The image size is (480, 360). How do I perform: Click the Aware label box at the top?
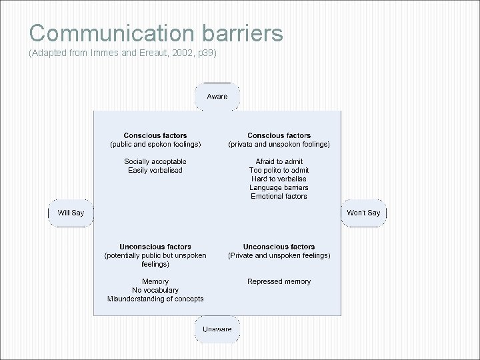217,97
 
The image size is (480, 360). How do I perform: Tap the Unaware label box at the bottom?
217,329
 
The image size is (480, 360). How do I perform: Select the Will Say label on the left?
71,213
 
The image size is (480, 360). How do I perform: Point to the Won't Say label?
363,213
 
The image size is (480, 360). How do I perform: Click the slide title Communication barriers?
156,33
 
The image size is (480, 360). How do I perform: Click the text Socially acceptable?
155,162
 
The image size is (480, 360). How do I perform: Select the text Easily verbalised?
155,171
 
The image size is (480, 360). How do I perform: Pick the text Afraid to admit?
279,162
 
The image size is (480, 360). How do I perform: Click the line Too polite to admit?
279,171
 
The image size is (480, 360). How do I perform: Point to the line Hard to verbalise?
279,179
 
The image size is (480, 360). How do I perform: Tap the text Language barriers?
279,188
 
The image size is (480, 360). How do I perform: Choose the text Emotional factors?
279,197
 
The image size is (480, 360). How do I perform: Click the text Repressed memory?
279,282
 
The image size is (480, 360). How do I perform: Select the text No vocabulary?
155,291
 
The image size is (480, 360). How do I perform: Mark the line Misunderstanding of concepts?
155,299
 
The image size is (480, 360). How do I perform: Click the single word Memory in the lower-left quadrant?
155,282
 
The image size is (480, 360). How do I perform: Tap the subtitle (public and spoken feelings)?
155,145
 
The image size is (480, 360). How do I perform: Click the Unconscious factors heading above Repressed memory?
279,247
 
